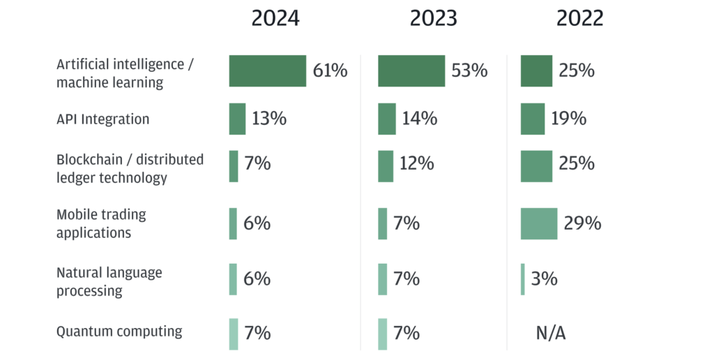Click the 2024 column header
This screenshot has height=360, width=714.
click(275, 19)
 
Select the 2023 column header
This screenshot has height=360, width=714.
click(433, 19)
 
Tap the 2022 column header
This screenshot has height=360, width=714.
click(579, 19)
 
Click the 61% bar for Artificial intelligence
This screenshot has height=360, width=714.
click(267, 71)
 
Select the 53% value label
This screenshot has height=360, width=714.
click(469, 71)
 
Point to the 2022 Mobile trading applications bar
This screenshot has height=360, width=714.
click(539, 223)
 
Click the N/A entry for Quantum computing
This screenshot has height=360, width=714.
click(551, 333)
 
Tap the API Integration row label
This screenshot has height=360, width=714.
click(102, 119)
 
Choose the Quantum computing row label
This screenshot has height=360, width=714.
click(119, 331)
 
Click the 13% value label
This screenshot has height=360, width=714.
click(269, 119)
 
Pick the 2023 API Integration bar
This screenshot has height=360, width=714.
click(386, 119)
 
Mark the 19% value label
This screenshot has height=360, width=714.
click(568, 119)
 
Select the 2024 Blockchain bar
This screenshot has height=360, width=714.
click(234, 166)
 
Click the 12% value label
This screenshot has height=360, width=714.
click(416, 164)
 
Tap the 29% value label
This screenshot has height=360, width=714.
click(583, 223)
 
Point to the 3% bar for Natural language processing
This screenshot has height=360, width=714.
click(523, 279)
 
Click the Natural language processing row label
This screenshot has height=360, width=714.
click(109, 281)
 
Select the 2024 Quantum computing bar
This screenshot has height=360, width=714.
click(234, 333)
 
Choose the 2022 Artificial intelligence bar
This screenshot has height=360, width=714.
click(536, 71)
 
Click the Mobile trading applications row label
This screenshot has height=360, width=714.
click(101, 223)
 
